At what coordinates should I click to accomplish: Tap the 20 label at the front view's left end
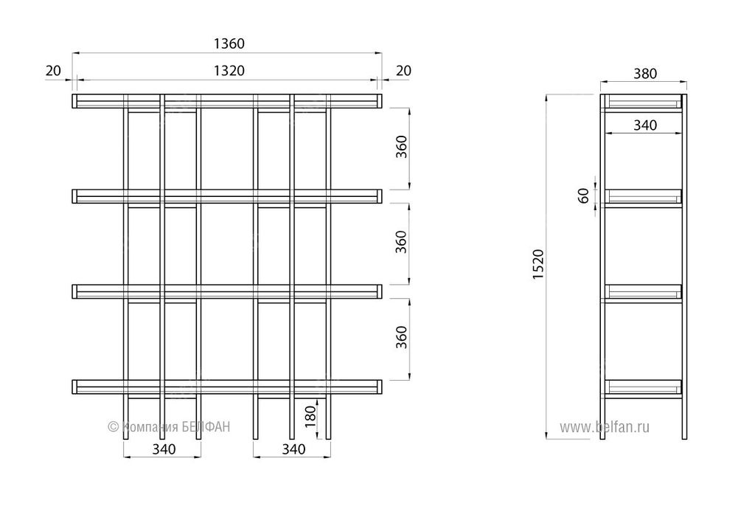[x=52, y=70]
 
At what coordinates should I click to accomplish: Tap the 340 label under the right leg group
[x=293, y=449]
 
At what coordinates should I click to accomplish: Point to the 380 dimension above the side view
[x=644, y=74]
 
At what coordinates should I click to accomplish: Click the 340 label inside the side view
[x=644, y=126]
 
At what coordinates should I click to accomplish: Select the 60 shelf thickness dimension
[x=584, y=196]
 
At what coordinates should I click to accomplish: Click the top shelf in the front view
[x=226, y=101]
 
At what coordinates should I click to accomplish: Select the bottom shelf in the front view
[x=226, y=386]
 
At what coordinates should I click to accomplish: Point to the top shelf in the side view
[x=643, y=103]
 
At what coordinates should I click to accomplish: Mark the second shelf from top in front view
[x=226, y=196]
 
